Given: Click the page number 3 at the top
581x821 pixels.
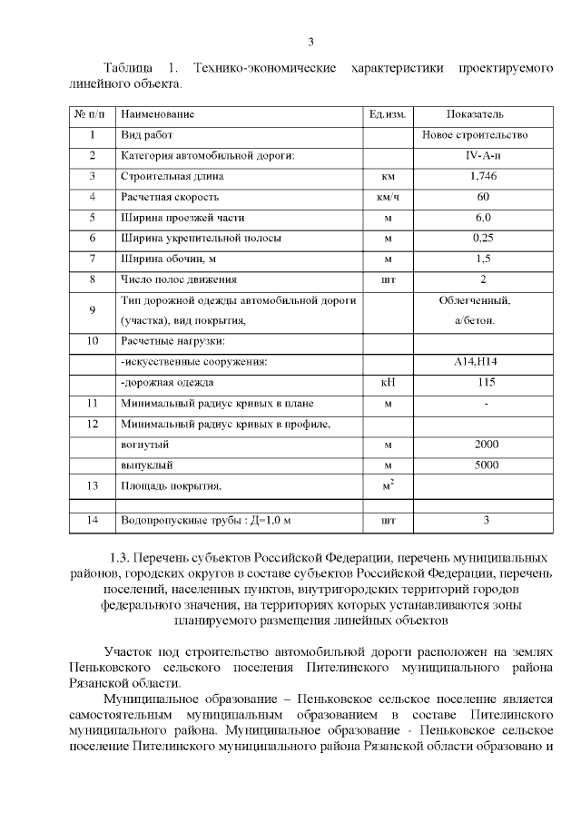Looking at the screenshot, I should pyautogui.click(x=310, y=42).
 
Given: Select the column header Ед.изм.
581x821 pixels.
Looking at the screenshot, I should pyautogui.click(x=387, y=114).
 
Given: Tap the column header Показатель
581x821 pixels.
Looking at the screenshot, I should pyautogui.click(x=475, y=114).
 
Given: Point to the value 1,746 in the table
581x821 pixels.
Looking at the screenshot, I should pyautogui.click(x=483, y=176).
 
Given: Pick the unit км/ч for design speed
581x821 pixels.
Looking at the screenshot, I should pyautogui.click(x=388, y=197).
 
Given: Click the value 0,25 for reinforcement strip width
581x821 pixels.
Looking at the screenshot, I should pyautogui.click(x=483, y=238).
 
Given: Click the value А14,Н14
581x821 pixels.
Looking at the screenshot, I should pyautogui.click(x=482, y=362).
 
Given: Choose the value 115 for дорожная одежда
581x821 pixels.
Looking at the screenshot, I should pyautogui.click(x=485, y=382).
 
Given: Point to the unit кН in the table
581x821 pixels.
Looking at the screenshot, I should pyautogui.click(x=388, y=383).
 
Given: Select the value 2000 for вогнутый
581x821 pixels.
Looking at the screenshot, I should pyautogui.click(x=487, y=445).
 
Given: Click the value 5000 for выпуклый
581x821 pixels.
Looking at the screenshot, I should pyautogui.click(x=487, y=465).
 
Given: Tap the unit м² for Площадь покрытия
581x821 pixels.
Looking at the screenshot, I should pyautogui.click(x=388, y=485).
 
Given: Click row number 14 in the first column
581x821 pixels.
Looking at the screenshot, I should pyautogui.click(x=92, y=521).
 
